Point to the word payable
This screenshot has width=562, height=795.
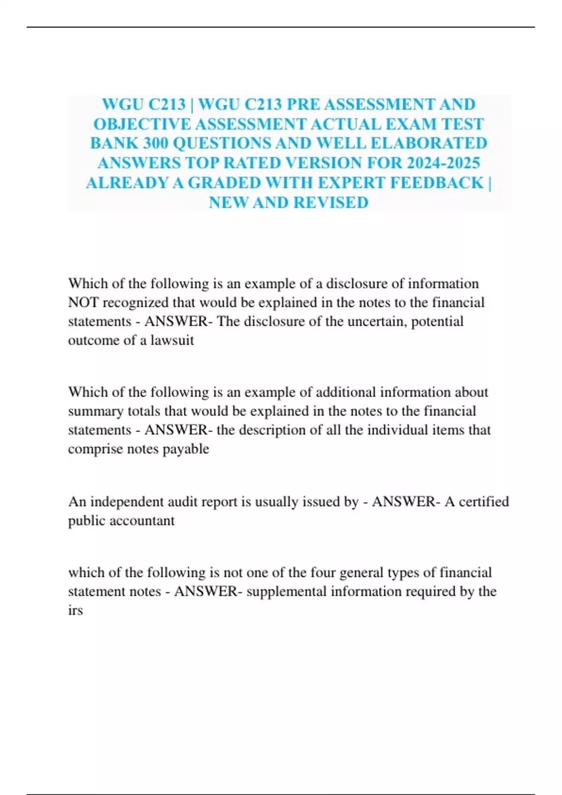pyautogui.click(x=185, y=449)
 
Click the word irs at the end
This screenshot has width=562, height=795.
pyautogui.click(x=75, y=610)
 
